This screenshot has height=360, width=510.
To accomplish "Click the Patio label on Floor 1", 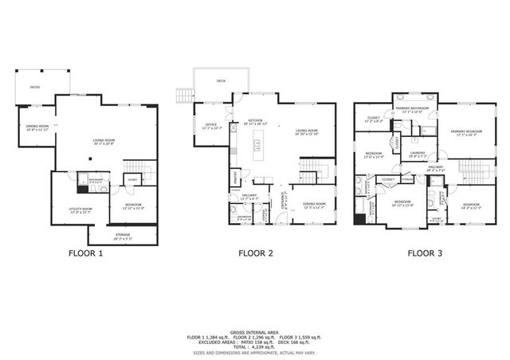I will pyautogui.click(x=35, y=87).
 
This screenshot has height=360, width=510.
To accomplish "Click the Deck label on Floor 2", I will pyautogui.click(x=221, y=81).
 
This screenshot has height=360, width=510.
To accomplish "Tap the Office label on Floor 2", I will pyautogui.click(x=211, y=126).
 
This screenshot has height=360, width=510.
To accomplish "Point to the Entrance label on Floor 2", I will pyautogui.click(x=282, y=205).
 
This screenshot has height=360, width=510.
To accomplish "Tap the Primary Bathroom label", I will pyautogui.click(x=415, y=109).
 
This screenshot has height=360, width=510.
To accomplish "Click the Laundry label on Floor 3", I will pyautogui.click(x=418, y=153).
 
